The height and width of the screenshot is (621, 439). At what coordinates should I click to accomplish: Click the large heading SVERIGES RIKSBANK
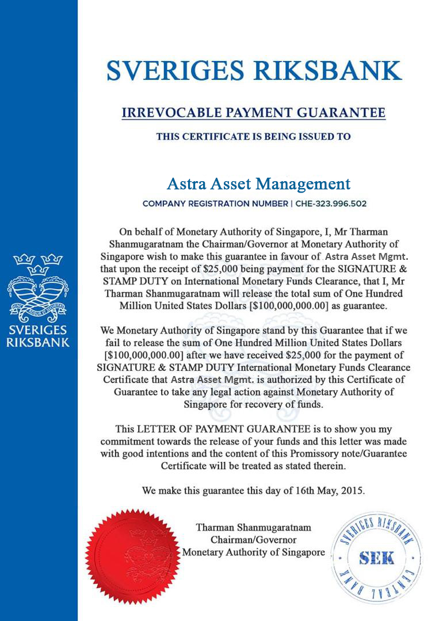tap(254, 70)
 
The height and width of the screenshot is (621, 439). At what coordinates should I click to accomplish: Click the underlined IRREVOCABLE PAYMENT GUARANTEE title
tap(254, 112)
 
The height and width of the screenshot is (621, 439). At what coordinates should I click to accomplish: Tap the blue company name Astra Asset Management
tap(258, 184)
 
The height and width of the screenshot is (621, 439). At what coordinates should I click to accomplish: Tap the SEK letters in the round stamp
tap(376, 558)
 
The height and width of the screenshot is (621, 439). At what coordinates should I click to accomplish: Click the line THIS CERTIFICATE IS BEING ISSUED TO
tap(254, 137)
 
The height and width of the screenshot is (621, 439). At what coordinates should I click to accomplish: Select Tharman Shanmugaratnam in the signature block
tap(254, 527)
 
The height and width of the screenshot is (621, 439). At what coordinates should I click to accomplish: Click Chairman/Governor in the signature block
tap(254, 540)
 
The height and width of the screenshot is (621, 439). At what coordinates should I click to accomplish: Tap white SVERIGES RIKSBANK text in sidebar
tap(38, 336)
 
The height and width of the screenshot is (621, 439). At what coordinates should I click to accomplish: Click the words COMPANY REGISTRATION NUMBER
tap(215, 204)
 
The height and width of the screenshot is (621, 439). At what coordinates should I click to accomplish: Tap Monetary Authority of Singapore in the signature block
tap(254, 553)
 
